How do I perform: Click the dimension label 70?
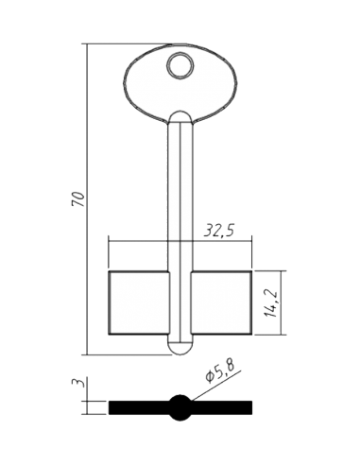pyautogui.click(x=79, y=198)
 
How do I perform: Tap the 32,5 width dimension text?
pyautogui.click(x=219, y=231)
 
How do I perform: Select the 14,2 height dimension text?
pyautogui.click(x=271, y=302)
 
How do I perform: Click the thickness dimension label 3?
pyautogui.click(x=78, y=383)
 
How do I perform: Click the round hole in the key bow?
pyautogui.click(x=180, y=64)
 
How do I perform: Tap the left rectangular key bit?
pyautogui.click(x=139, y=302)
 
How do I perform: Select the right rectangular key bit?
pyautogui.click(x=221, y=302)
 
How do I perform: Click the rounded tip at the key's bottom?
pyautogui.click(x=180, y=349)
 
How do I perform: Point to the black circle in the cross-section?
pyautogui.click(x=180, y=407)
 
